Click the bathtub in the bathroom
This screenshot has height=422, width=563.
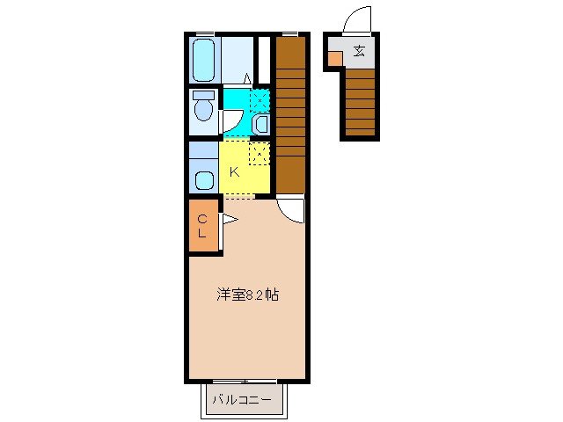(x=203, y=60)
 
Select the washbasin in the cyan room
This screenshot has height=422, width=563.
(x=261, y=125)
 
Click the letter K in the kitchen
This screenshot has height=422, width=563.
(x=234, y=172)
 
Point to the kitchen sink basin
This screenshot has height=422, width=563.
(x=204, y=180)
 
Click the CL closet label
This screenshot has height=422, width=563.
(x=201, y=226)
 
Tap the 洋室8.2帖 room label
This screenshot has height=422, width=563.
(x=247, y=295)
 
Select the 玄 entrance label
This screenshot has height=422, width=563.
(x=359, y=50)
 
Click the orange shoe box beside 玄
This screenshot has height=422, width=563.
(x=335, y=58)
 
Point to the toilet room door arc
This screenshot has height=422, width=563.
(x=231, y=119)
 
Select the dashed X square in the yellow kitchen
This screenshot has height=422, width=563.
(x=259, y=155)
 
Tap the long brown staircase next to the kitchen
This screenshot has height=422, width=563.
(x=290, y=114)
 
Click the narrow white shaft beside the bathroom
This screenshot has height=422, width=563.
(x=264, y=60)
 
